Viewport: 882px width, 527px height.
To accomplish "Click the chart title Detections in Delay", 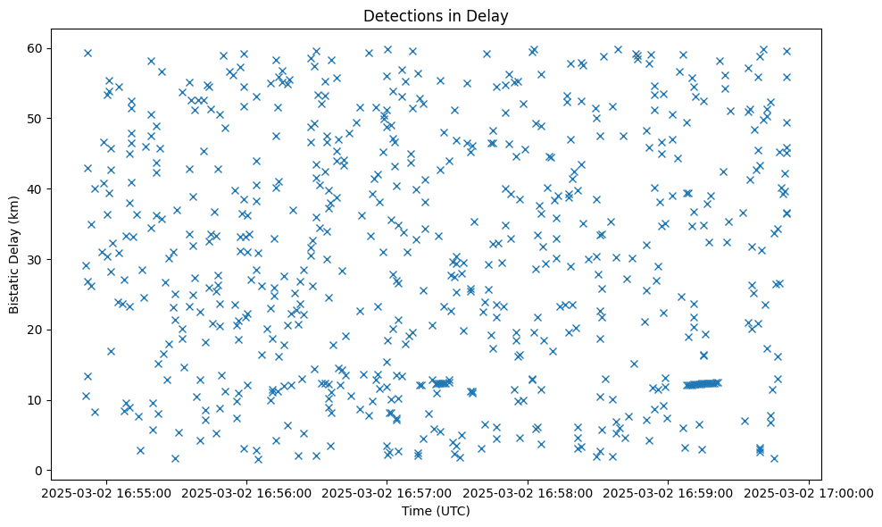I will (437, 15).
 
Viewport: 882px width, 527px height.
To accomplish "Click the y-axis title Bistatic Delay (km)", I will (15, 254).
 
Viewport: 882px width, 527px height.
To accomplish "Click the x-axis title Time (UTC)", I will (437, 512).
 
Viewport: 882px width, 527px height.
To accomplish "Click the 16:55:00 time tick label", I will (106, 492).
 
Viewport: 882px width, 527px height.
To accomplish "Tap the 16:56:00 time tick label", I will (246, 492).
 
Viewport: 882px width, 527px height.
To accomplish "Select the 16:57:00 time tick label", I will (387, 492).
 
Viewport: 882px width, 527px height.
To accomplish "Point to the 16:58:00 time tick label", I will (527, 492).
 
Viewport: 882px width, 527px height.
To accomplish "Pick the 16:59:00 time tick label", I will (668, 492).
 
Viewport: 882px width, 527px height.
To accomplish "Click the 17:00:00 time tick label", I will (808, 492).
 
